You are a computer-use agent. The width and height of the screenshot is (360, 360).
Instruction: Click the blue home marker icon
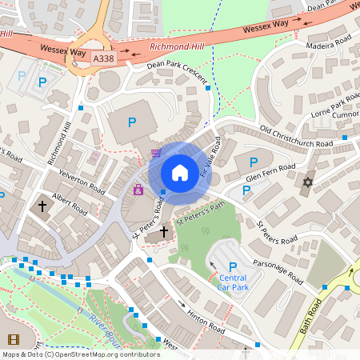click(180, 172)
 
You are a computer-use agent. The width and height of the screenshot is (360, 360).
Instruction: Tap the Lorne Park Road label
click(334, 108)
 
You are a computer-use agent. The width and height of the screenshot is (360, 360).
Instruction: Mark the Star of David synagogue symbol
click(306, 183)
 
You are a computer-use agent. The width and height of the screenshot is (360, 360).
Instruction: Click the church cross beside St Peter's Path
click(165, 232)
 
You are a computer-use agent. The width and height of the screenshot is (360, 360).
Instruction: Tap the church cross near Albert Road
click(42, 206)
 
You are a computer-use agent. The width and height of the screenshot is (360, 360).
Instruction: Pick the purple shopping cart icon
click(156, 153)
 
